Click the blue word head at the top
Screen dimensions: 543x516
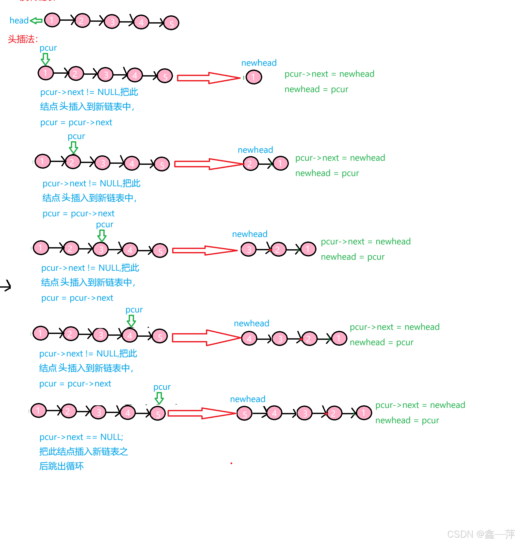click(19, 20)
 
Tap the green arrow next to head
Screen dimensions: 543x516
click(36, 21)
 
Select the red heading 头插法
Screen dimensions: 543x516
click(22, 39)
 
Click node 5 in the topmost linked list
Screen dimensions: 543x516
click(171, 23)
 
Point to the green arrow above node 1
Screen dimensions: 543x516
click(45, 59)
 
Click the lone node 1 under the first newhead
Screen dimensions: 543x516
click(254, 77)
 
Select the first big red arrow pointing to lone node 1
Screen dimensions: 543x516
click(208, 78)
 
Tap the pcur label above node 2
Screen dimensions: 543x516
click(76, 136)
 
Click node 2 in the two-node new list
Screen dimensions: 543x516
click(250, 164)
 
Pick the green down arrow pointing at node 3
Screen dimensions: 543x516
click(102, 235)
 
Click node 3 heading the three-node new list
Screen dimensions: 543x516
click(248, 249)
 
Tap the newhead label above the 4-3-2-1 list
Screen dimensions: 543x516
click(251, 323)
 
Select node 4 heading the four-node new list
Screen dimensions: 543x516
click(249, 339)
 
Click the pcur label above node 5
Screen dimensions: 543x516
click(162, 387)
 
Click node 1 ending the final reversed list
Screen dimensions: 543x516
click(364, 413)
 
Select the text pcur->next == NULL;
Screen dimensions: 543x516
click(81, 437)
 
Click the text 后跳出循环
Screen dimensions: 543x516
click(61, 466)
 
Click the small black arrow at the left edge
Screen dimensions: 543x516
click(6, 286)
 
